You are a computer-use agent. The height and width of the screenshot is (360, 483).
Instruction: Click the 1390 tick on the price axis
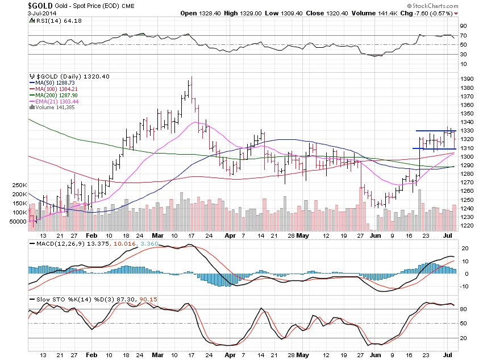[x=467, y=78]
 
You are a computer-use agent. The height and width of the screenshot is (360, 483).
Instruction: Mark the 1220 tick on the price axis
[x=467, y=226]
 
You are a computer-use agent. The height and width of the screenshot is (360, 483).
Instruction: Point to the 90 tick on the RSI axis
[x=464, y=26]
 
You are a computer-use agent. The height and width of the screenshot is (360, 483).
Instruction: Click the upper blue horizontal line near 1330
[x=436, y=131]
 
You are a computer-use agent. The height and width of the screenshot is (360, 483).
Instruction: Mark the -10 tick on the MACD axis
[x=464, y=285]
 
